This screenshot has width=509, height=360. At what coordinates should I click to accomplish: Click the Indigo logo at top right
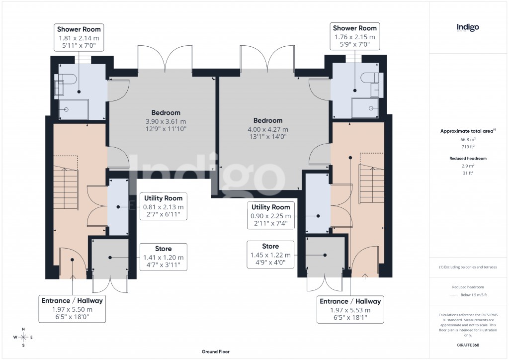(x=467, y=28)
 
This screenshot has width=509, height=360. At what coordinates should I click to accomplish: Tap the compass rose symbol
(x=23, y=337)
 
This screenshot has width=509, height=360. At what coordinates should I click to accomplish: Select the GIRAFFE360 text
(x=468, y=344)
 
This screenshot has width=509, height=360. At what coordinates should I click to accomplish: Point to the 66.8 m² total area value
(x=468, y=140)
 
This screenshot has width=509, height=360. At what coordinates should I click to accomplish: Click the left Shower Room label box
(x=79, y=37)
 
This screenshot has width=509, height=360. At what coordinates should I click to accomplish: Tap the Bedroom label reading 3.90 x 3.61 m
(x=166, y=121)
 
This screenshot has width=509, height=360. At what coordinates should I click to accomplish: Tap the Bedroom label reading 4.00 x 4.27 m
(x=268, y=128)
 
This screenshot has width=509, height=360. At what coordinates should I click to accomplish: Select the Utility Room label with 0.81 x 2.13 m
(x=163, y=206)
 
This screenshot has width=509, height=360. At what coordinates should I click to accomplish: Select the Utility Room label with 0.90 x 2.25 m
(x=270, y=215)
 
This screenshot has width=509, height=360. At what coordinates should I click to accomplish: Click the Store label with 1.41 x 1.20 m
(x=163, y=257)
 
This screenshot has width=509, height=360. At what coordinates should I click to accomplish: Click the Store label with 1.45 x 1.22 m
(x=270, y=254)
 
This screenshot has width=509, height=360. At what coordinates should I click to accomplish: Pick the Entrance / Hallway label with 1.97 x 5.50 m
(x=73, y=309)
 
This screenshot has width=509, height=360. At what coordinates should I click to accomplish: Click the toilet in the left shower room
(x=67, y=80)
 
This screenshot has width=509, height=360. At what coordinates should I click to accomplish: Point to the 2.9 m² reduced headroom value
(x=468, y=166)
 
